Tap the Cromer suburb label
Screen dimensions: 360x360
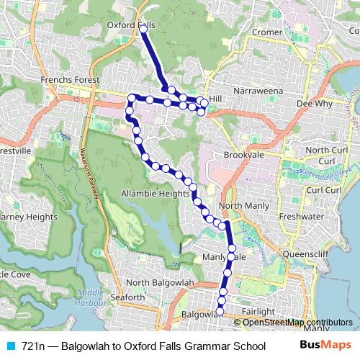tap(266, 32)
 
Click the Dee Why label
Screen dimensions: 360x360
tap(314, 104)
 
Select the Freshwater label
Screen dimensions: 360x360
tap(300, 214)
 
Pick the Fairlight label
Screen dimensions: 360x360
tap(258, 311)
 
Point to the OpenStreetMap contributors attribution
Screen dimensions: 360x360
tap(296, 322)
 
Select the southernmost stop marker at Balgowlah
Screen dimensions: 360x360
tap(220, 311)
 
